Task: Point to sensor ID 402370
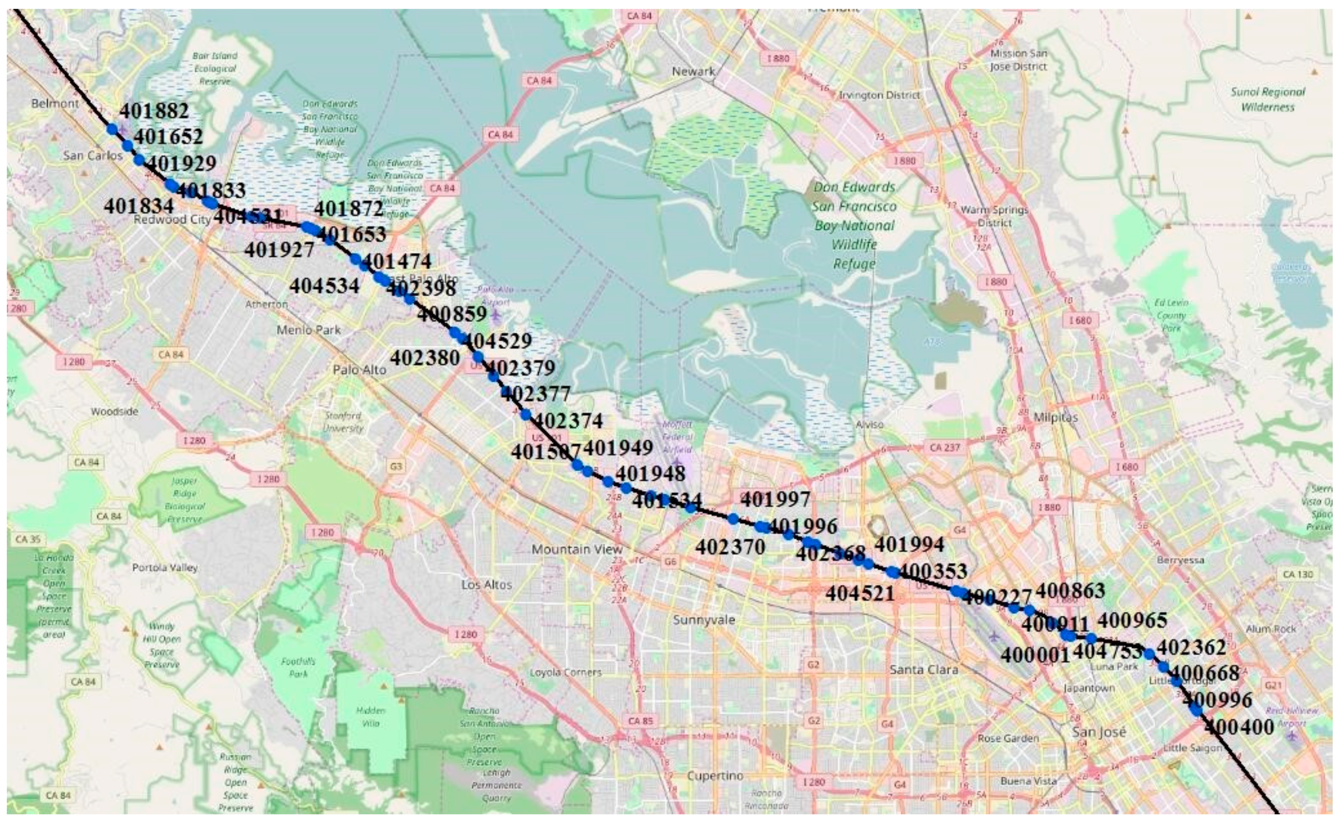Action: pos(730,546)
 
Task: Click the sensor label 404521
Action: pos(860,593)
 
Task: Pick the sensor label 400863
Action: pos(1070,591)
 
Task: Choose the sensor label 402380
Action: pos(425,358)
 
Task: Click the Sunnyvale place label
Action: pos(704,620)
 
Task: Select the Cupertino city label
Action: pos(715,775)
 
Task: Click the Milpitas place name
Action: pos(1055,417)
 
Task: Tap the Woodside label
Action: pos(114,411)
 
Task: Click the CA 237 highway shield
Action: pos(944,447)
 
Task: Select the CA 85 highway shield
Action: pos(640,721)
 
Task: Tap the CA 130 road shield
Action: pos(1298,574)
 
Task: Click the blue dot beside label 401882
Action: pos(113,129)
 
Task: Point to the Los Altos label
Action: pos(486,585)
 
